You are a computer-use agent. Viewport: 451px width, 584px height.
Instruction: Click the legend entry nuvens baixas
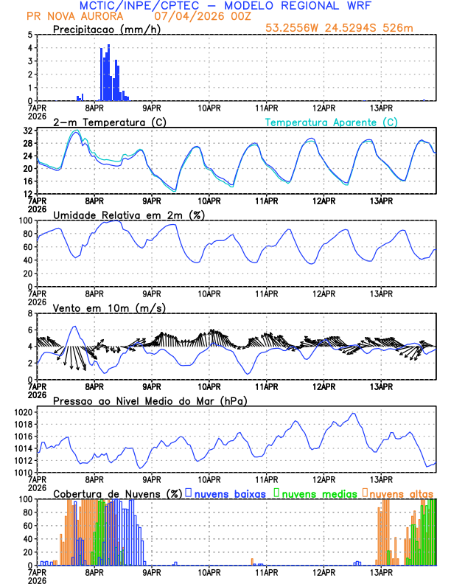[229, 493]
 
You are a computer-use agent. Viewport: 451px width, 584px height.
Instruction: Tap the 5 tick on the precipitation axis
[29, 35]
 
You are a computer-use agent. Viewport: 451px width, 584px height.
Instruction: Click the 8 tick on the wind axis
[29, 313]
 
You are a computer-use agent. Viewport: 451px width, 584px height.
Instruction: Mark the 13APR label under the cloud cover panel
[380, 571]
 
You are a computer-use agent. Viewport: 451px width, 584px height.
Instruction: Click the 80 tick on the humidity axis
[27, 234]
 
